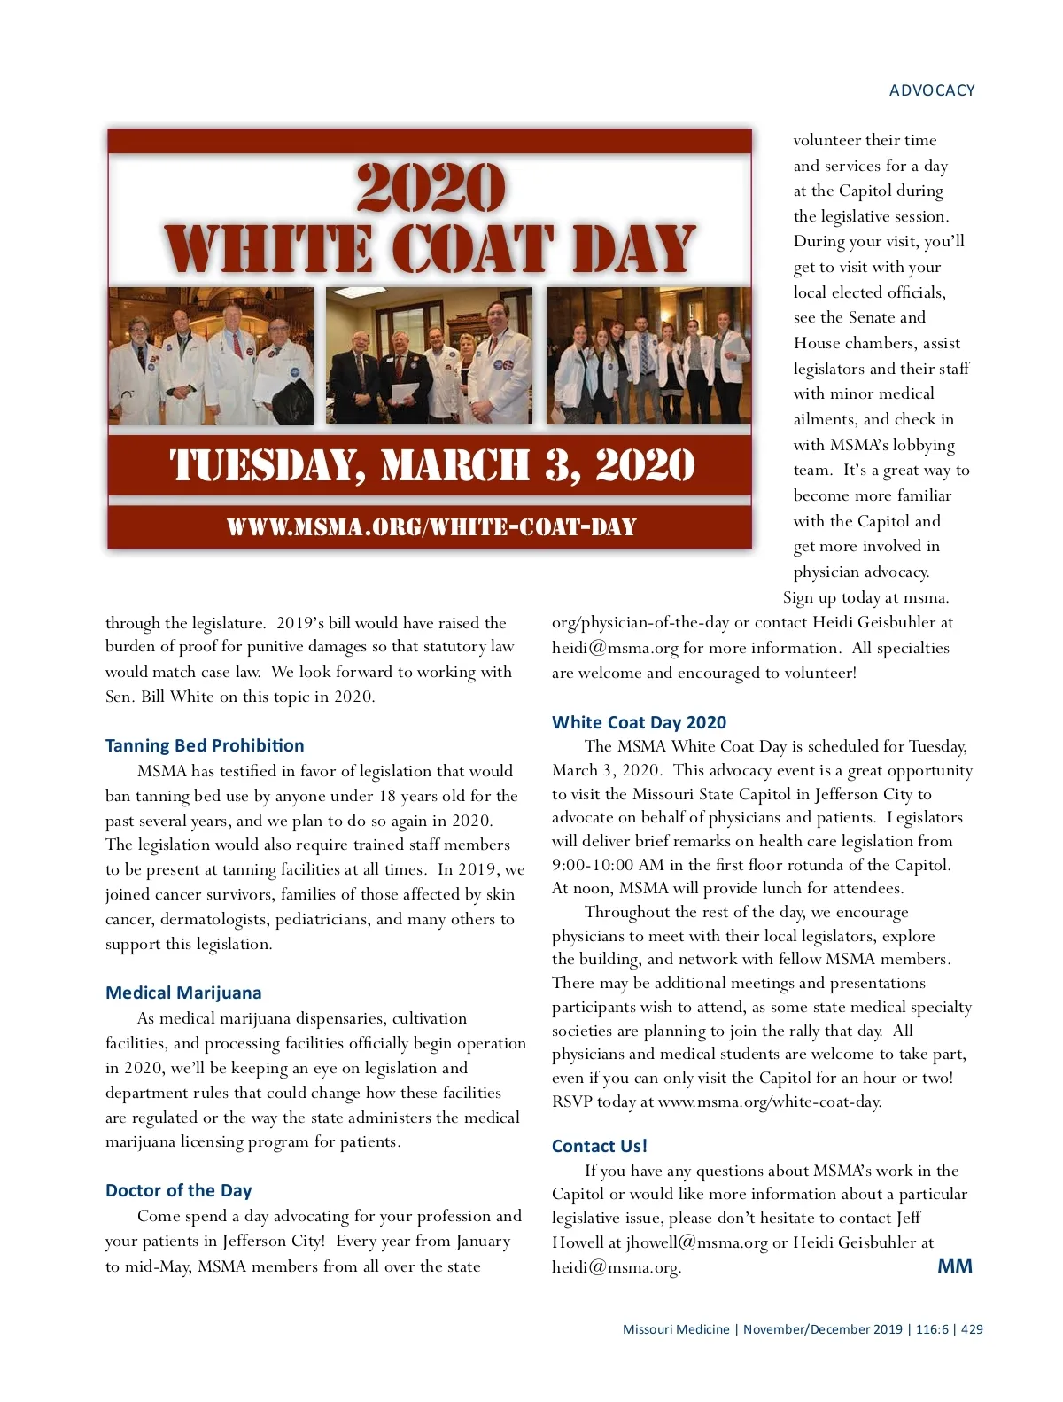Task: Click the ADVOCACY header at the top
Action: [932, 90]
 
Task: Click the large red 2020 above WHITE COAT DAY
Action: [431, 187]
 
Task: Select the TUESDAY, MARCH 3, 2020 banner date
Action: [431, 466]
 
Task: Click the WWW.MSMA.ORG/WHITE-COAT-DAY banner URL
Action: [431, 527]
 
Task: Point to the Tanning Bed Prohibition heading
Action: [205, 745]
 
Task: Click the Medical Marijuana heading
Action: [183, 993]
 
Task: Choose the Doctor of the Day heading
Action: [178, 1190]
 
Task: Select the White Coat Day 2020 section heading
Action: [639, 722]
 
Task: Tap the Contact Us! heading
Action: [599, 1146]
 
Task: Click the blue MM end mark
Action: [954, 1266]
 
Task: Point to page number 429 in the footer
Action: [972, 1329]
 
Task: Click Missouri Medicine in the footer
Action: [676, 1329]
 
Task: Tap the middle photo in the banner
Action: [430, 356]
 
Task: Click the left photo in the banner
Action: [211, 356]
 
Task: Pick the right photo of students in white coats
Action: [648, 356]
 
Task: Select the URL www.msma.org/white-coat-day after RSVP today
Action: [769, 1102]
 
